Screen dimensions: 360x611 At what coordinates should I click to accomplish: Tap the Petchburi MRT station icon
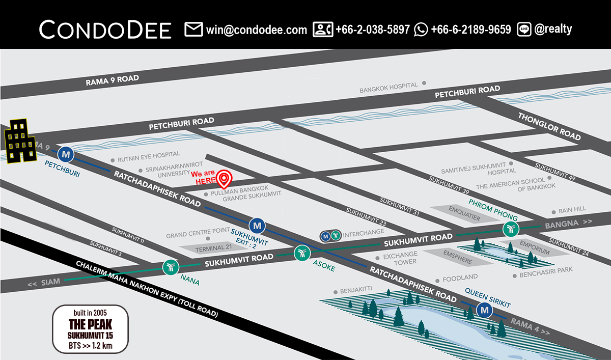tap(65, 153)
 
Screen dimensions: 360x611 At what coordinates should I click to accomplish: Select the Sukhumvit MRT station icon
tap(258, 225)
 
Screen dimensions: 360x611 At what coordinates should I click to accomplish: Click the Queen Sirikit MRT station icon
tap(484, 310)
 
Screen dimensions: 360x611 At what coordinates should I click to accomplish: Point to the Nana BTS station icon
tap(170, 266)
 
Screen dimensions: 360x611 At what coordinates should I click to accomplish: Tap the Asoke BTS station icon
tap(302, 252)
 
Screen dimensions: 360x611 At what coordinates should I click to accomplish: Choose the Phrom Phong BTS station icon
tap(510, 229)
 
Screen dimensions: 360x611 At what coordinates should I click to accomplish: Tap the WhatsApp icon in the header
tap(421, 30)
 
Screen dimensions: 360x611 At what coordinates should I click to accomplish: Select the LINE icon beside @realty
tap(524, 30)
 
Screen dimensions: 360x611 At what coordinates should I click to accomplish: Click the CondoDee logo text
tap(105, 30)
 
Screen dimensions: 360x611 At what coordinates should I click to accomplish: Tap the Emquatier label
tap(464, 209)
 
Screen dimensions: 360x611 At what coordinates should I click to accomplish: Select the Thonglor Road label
tap(549, 126)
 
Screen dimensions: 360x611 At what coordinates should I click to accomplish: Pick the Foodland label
tap(460, 278)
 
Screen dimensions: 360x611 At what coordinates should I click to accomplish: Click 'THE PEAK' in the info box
tap(90, 324)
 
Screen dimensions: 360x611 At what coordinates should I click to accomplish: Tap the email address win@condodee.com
tap(257, 30)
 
